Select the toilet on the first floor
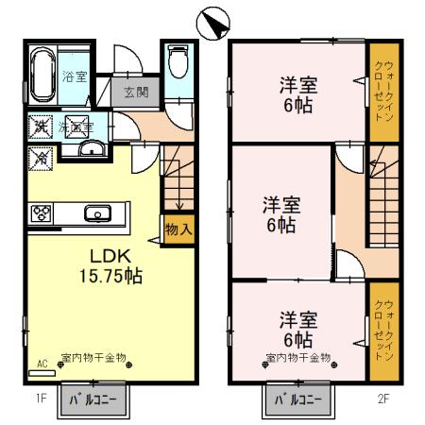coord(176,64)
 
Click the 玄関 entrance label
coord(135,92)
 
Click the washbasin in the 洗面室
coord(93,148)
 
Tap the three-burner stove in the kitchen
coord(42,213)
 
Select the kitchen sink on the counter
coord(96,213)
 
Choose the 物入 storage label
coord(178,229)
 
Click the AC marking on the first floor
coord(42,363)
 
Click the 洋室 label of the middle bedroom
coord(281,202)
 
